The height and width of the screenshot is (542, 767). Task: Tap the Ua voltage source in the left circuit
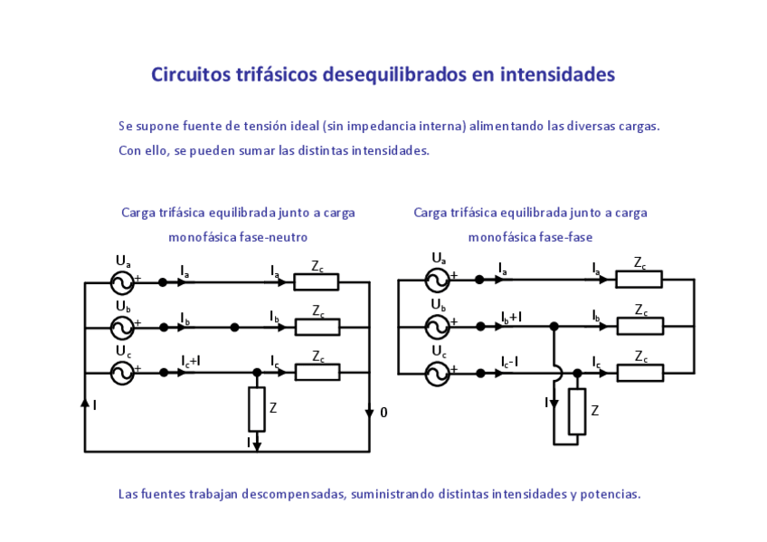pos(122,283)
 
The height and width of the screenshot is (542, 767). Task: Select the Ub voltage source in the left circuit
pos(122,328)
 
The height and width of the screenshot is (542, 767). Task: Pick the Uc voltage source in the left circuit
pos(122,372)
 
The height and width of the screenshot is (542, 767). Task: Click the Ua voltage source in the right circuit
pos(438,280)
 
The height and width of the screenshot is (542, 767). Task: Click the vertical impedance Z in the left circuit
pos(257,409)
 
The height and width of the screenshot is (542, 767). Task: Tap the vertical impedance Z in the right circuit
pos(577,411)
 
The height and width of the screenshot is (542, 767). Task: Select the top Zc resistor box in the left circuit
pos(317,282)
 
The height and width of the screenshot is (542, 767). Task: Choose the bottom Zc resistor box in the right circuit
pos(639,372)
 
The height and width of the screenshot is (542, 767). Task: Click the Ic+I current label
pos(191,361)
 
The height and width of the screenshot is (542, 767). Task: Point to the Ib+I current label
pos(511,317)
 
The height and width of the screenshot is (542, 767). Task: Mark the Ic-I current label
pos(511,361)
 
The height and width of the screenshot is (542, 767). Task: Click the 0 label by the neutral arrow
pos(383,413)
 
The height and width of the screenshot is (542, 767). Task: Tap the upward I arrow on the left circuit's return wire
pos(85,403)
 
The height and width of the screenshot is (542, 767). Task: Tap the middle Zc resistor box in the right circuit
pos(639,326)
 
